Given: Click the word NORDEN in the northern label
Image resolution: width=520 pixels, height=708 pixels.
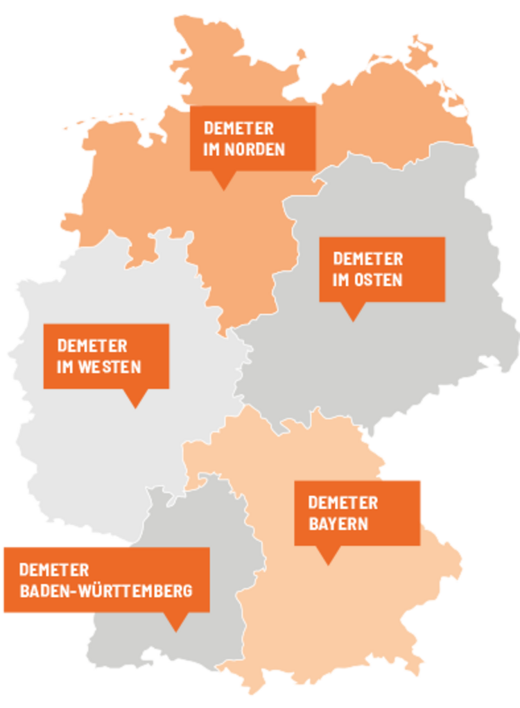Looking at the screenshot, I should pyautogui.click(x=254, y=150).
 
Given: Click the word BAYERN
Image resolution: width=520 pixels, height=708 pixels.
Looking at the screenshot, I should pyautogui.click(x=338, y=523).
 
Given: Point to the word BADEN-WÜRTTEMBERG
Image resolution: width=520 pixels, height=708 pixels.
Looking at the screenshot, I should pyautogui.click(x=105, y=591).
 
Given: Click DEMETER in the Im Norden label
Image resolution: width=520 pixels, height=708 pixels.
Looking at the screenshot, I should pyautogui.click(x=238, y=128).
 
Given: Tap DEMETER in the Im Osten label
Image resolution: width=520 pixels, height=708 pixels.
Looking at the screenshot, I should pyautogui.click(x=367, y=258).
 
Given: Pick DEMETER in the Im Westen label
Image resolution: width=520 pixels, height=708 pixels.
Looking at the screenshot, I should pyautogui.click(x=92, y=345).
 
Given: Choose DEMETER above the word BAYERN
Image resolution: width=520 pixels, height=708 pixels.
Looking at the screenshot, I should pyautogui.click(x=343, y=502).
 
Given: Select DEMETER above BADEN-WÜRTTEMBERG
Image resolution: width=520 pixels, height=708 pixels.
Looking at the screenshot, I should pyautogui.click(x=54, y=569).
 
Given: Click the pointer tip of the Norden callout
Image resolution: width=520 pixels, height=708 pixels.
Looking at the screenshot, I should pyautogui.click(x=223, y=188).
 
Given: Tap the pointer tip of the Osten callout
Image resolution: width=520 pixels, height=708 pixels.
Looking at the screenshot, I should pyautogui.click(x=353, y=319).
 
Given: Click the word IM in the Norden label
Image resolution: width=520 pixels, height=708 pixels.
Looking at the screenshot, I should pyautogui.click(x=211, y=150).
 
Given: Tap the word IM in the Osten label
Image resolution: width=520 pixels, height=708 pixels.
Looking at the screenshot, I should pyautogui.click(x=341, y=280).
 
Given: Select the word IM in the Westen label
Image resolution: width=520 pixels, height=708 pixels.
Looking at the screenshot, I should pyautogui.click(x=66, y=366).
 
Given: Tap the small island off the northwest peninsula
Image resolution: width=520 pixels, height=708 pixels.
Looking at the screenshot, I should pyautogui.click(x=301, y=53).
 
